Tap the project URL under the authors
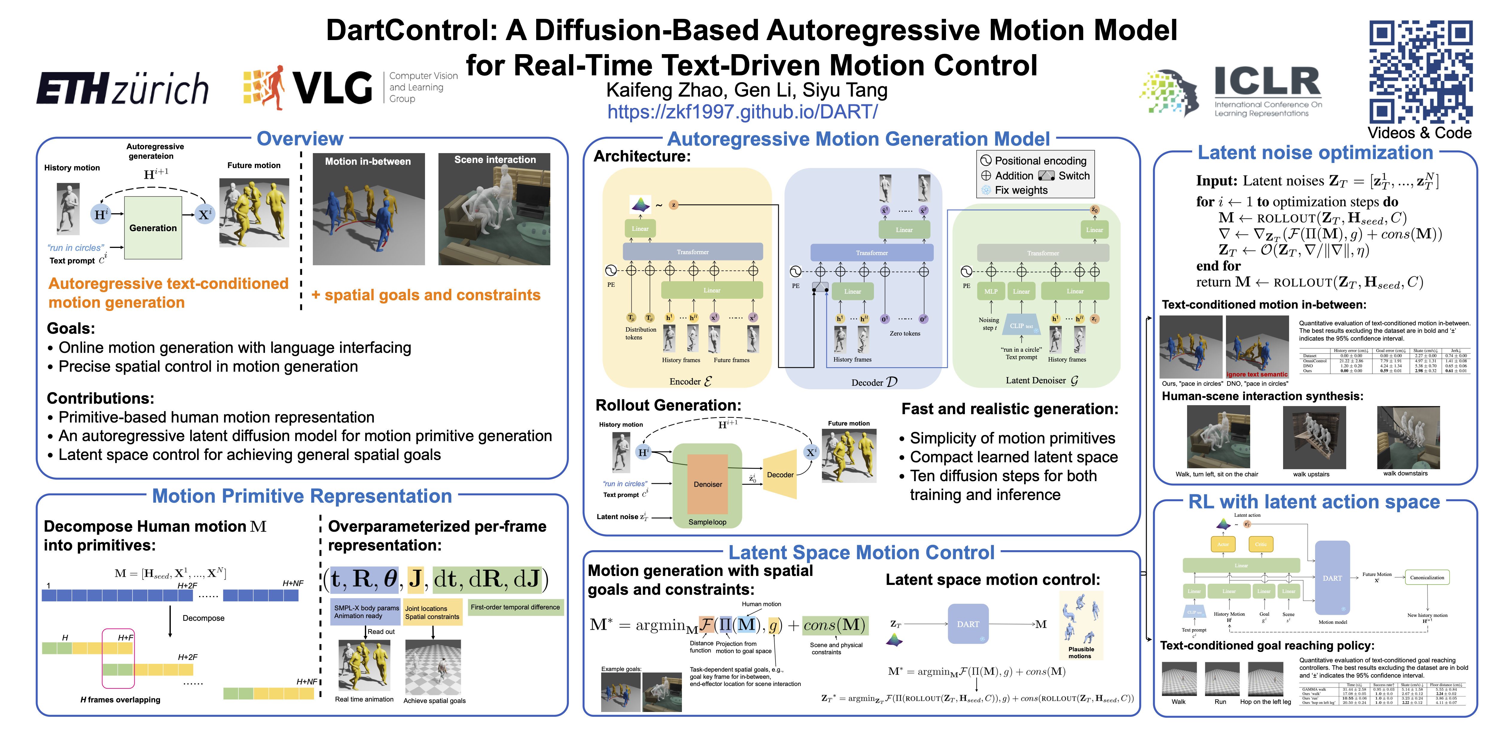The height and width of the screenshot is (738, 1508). pyautogui.click(x=742, y=111)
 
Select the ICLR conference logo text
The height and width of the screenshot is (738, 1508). pyautogui.click(x=1268, y=82)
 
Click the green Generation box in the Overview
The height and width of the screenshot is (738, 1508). pyautogui.click(x=153, y=228)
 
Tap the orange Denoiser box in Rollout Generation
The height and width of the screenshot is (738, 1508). pyautogui.click(x=708, y=484)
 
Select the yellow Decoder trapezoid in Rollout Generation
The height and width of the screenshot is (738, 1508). pyautogui.click(x=780, y=475)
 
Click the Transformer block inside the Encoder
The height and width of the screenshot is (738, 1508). pyautogui.click(x=692, y=252)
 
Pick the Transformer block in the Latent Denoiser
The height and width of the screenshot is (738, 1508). pyautogui.click(x=1043, y=253)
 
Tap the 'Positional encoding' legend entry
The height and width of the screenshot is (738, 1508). pyautogui.click(x=1040, y=160)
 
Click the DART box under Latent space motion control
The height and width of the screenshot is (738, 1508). pyautogui.click(x=968, y=624)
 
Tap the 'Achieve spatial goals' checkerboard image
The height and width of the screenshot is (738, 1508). pyautogui.click(x=433, y=667)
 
